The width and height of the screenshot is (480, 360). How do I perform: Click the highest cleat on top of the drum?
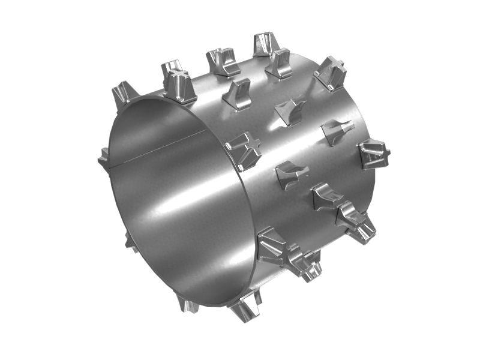(262, 44)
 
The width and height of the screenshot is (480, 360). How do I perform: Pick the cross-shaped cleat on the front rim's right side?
(244, 150)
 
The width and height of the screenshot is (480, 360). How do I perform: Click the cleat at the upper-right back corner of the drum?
(331, 73)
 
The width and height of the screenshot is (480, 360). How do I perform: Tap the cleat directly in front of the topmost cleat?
(279, 63)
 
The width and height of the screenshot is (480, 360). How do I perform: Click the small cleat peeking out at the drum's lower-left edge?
(130, 242)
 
